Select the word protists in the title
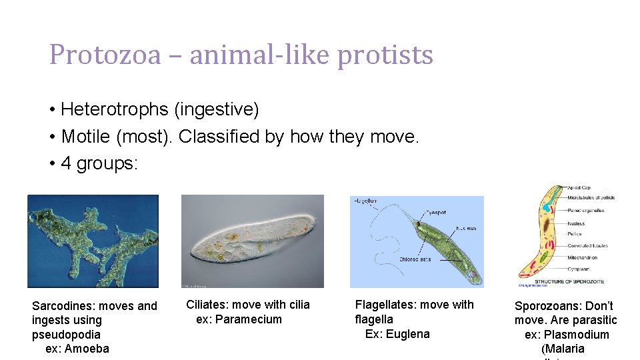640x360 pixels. tap(385, 55)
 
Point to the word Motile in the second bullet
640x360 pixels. tap(86, 137)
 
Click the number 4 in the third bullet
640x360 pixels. tap(65, 164)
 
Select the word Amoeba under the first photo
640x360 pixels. tap(87, 349)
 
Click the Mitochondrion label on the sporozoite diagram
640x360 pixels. tap(583, 257)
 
